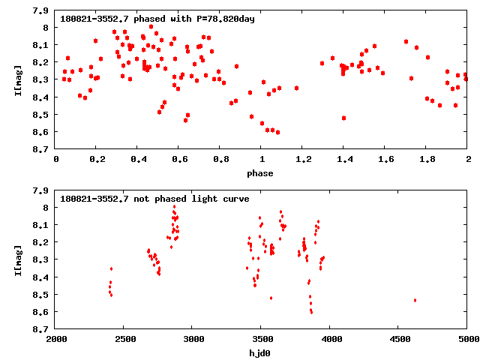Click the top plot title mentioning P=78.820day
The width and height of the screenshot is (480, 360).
(157, 19)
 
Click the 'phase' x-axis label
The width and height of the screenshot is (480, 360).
(262, 173)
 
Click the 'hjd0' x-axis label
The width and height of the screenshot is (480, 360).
(262, 353)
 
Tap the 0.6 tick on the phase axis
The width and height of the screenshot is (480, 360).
(179, 160)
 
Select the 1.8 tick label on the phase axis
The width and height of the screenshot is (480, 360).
(427, 160)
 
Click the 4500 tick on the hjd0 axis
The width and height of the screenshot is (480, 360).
(399, 340)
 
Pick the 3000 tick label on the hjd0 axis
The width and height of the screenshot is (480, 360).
(193, 340)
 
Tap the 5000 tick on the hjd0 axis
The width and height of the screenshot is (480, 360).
(467, 340)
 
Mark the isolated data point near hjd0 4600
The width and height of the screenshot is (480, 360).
(415, 300)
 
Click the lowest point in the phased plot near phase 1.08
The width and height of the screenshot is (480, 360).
(277, 132)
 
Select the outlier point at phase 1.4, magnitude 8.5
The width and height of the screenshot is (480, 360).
(343, 118)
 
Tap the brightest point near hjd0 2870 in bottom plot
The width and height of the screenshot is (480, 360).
(174, 206)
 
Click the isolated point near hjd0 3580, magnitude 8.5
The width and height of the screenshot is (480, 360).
(271, 298)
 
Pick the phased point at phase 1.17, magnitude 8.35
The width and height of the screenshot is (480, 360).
(296, 88)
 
